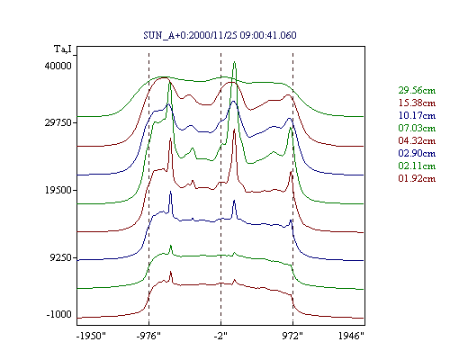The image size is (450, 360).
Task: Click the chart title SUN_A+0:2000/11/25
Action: pos(190,35)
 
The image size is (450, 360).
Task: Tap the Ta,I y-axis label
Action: pos(63,49)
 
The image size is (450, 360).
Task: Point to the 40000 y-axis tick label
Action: pos(58,66)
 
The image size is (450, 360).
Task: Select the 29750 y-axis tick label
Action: pos(58,122)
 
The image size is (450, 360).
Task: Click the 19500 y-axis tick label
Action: pos(58,190)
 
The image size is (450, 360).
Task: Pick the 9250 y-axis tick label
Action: pos(61,257)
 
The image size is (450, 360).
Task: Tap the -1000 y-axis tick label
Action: pos(59,314)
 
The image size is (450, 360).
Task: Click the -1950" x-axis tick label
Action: pos(92,336)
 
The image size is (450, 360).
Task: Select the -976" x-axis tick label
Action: pos(148,336)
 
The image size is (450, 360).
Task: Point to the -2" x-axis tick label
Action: pos(220,336)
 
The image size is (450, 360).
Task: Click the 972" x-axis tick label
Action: pos(292,336)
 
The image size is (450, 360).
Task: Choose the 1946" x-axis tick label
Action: pos(351,336)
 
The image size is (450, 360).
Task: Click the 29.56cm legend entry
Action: pos(417,90)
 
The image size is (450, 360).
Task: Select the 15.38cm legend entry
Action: pos(417,103)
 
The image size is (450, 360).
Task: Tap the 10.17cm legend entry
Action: pos(417,115)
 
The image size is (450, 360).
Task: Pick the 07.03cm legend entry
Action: pos(417,128)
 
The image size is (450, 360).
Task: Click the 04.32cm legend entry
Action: pos(417,140)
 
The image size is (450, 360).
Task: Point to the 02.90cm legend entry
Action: pos(417,153)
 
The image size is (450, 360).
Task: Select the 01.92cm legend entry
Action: pos(417,178)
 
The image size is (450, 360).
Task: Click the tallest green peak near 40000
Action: pos(235,62)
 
